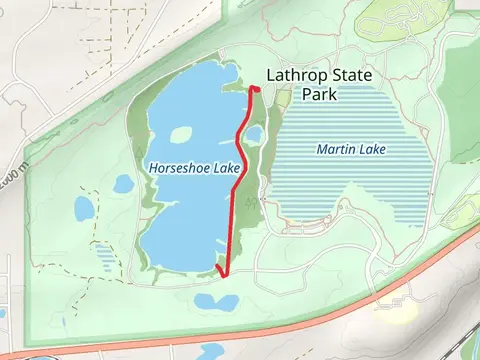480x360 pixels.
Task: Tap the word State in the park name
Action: (x=351, y=74)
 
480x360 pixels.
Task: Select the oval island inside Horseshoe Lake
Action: (x=180, y=135)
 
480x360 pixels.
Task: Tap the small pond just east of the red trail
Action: (x=254, y=134)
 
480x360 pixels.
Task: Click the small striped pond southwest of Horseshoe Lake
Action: (x=103, y=256)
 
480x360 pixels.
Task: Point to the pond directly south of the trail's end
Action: (x=216, y=301)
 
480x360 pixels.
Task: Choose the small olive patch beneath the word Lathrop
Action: (x=282, y=97)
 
